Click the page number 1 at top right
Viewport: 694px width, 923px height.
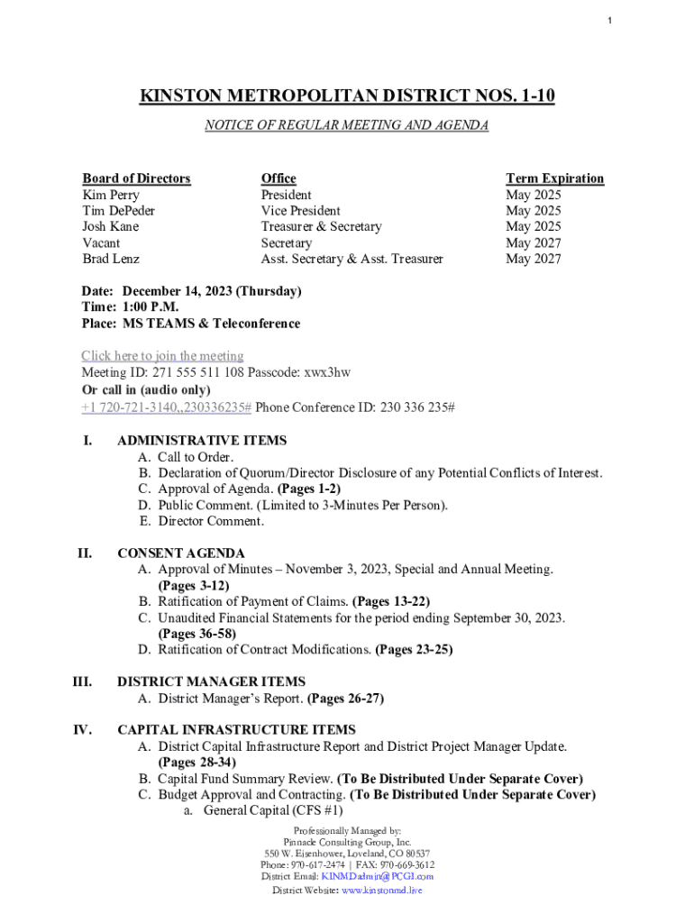click(609, 21)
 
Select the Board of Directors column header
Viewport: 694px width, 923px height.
click(136, 178)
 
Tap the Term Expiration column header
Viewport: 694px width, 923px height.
click(554, 178)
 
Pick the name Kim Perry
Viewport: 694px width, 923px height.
click(111, 195)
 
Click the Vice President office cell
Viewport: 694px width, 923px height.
click(300, 211)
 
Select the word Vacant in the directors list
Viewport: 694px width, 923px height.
click(101, 243)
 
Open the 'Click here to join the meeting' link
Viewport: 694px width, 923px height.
click(162, 356)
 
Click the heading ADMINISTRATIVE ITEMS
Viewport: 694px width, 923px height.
click(202, 441)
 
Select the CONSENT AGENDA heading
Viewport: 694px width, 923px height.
click(181, 553)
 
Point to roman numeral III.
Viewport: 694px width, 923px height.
click(82, 682)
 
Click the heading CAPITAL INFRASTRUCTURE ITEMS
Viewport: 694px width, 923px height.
click(236, 729)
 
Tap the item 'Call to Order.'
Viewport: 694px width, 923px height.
click(196, 457)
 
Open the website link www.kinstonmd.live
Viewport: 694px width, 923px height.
click(380, 891)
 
